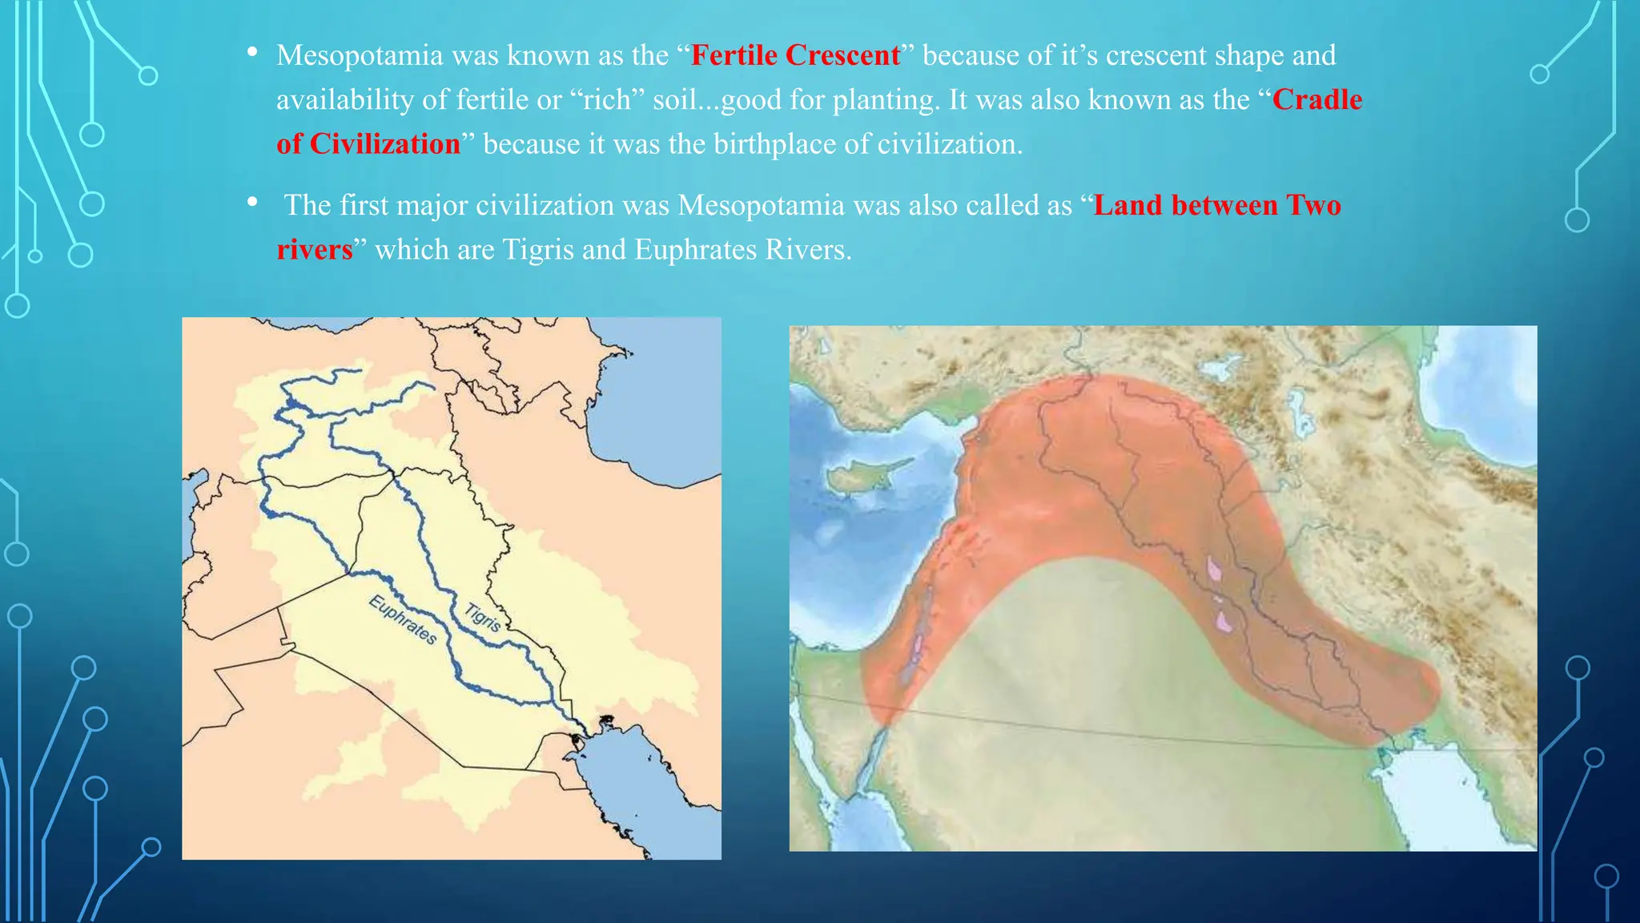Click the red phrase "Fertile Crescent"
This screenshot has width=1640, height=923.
pyautogui.click(x=795, y=55)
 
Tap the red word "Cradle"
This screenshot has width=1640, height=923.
pyautogui.click(x=1317, y=99)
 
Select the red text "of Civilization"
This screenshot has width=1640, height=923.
pyautogui.click(x=368, y=144)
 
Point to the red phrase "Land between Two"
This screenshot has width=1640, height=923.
pyautogui.click(x=1217, y=205)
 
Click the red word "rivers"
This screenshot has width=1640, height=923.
pyautogui.click(x=315, y=250)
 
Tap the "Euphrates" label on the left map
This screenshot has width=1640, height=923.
pyautogui.click(x=403, y=620)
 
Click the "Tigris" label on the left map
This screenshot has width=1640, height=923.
pyautogui.click(x=483, y=617)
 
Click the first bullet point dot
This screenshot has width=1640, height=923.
pyautogui.click(x=252, y=53)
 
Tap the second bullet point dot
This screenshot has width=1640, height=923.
pyautogui.click(x=252, y=203)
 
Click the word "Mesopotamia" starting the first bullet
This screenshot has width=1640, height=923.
pyautogui.click(x=360, y=55)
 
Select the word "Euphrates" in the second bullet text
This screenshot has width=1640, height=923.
pyautogui.click(x=695, y=250)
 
